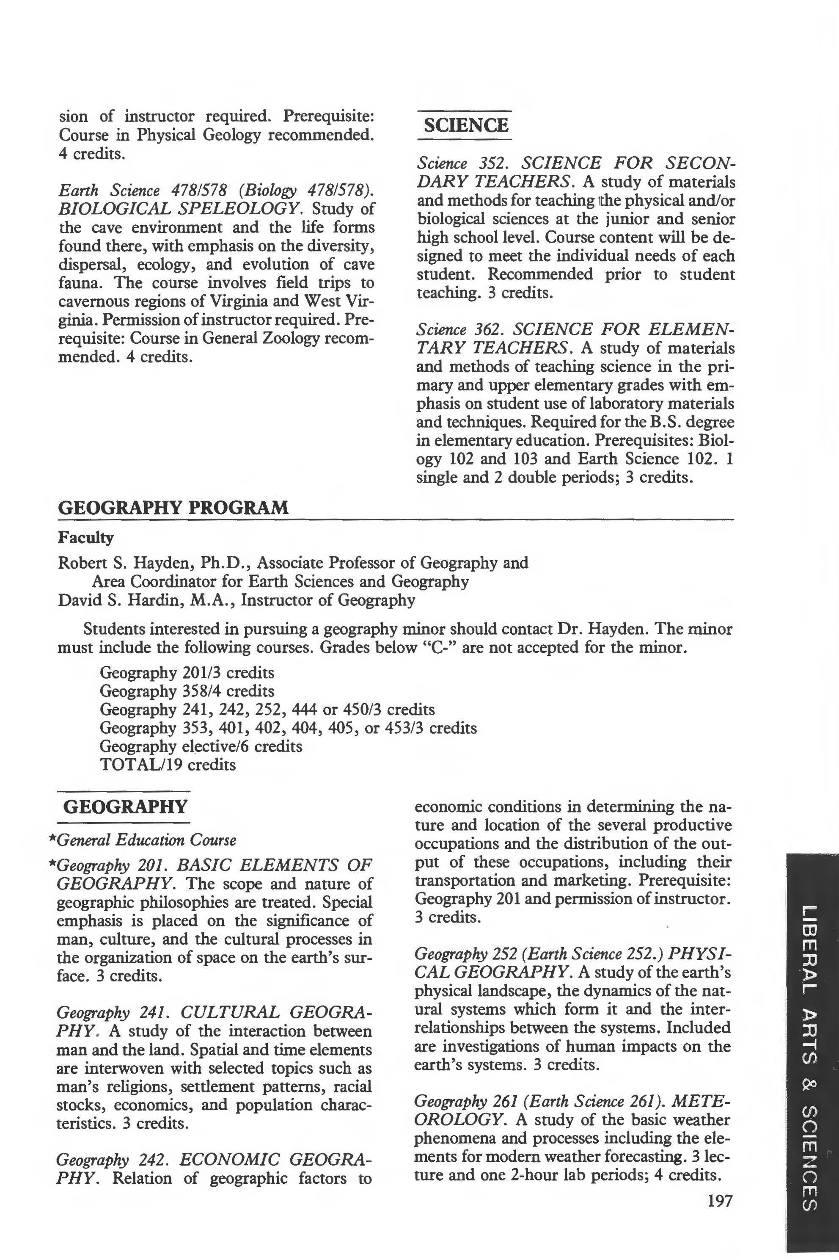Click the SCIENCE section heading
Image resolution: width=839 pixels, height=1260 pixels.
465,125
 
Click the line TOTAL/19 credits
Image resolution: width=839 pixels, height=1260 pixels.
168,764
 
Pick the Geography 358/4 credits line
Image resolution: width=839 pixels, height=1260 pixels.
187,691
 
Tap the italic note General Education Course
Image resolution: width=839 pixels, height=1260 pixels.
146,840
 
